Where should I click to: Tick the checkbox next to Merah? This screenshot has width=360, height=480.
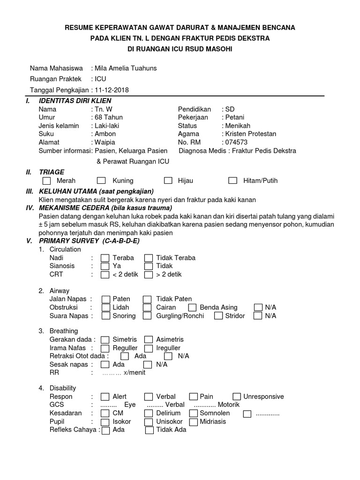pyautogui.click(x=46, y=180)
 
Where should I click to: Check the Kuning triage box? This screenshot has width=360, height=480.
pyautogui.click(x=101, y=180)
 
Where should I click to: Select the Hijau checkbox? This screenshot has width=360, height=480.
pyautogui.click(x=168, y=180)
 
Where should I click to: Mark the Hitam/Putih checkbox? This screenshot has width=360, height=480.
pyautogui.click(x=232, y=180)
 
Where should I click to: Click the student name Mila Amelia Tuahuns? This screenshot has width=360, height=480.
pyautogui.click(x=126, y=68)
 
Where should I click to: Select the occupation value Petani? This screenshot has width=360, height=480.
pyautogui.click(x=234, y=117)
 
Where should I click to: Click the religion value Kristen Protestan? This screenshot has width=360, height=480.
pyautogui.click(x=251, y=134)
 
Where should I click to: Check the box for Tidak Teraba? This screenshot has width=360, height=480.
pyautogui.click(x=149, y=258)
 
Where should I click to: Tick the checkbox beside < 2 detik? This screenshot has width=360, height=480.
pyautogui.click(x=105, y=275)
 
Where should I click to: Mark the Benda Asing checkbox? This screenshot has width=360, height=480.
pyautogui.click(x=192, y=307)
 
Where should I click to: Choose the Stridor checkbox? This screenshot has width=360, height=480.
pyautogui.click(x=218, y=316)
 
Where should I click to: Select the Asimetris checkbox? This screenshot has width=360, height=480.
pyautogui.click(x=149, y=339)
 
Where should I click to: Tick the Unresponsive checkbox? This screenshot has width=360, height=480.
pyautogui.click(x=237, y=397)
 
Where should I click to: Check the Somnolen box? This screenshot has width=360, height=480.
pyautogui.click(x=193, y=413)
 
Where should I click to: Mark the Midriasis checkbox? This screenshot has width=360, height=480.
pyautogui.click(x=193, y=422)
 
